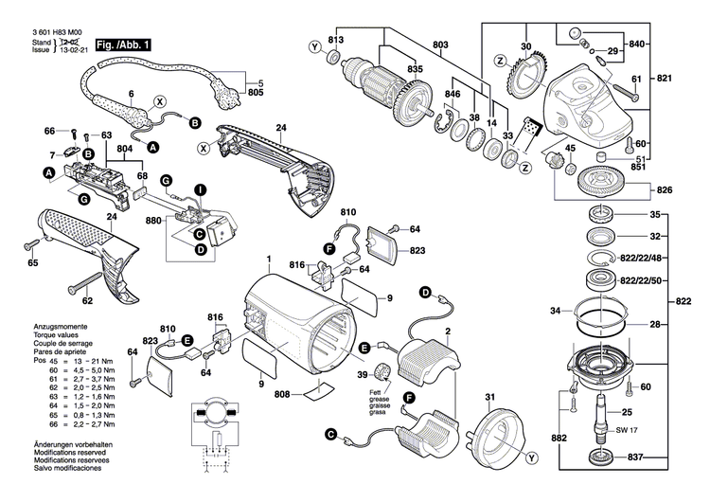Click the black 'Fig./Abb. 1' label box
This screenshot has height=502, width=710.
coord(122,44)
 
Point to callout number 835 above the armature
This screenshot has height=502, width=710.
coord(389,69)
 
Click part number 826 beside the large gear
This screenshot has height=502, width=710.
coord(665,190)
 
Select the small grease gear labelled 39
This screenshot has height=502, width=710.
coord(384,371)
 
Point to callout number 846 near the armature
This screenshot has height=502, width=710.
coord(453,97)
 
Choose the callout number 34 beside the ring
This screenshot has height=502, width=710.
coord(556,310)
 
